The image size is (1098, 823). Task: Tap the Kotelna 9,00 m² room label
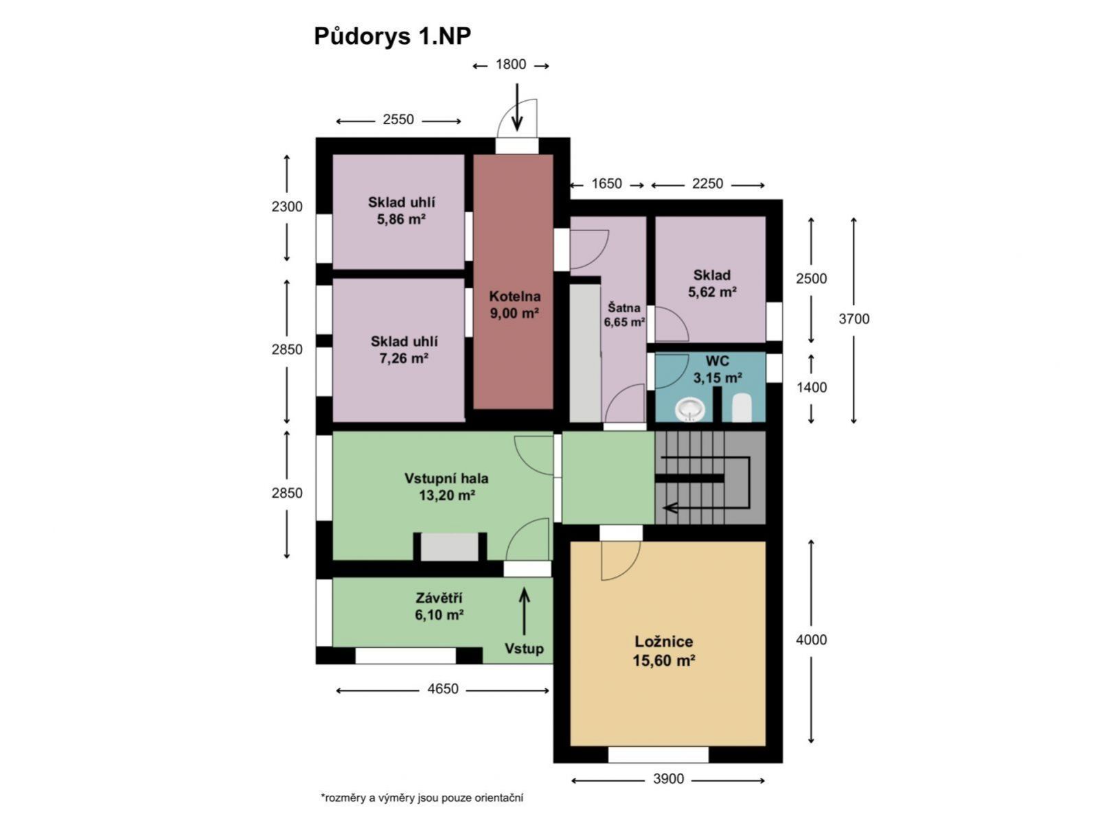point(514,305)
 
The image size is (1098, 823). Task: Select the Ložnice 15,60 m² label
point(664,651)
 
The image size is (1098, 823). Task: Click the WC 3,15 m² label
point(718,369)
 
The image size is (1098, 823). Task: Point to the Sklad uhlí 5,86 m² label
point(401,211)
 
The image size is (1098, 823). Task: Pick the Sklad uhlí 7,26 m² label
point(404,349)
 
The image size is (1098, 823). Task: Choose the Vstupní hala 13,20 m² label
point(446,487)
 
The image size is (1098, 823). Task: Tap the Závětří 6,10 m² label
point(439,606)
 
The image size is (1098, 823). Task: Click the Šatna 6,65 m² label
point(624,314)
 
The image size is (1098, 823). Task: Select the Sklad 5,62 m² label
point(712,283)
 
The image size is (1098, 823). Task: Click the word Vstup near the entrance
point(524,649)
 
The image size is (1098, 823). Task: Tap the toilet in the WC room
point(742,408)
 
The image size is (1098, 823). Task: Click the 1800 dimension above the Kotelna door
point(511,65)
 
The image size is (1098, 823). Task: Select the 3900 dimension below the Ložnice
point(668,778)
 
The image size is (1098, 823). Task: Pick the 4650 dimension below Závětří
point(443,688)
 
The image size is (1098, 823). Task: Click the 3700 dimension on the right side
point(854,318)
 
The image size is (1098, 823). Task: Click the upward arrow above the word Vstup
point(524,611)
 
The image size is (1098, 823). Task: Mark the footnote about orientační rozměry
point(422,798)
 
